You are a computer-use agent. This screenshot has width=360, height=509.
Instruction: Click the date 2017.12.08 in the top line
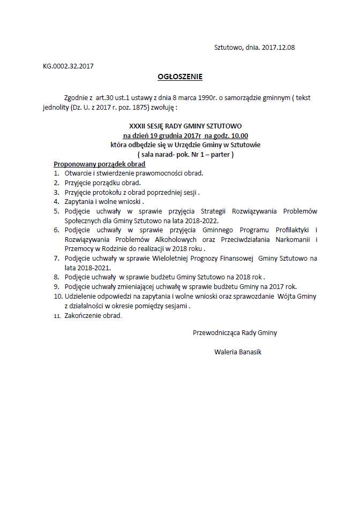point(279,47)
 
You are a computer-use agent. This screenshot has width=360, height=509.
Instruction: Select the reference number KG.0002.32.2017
point(69,66)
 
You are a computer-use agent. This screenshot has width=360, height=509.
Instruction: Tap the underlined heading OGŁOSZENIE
point(180,77)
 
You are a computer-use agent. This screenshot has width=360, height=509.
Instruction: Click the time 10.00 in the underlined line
point(239,136)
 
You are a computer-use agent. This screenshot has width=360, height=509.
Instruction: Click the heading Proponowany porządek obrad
point(100,164)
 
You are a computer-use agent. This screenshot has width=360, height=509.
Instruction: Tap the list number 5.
point(56,211)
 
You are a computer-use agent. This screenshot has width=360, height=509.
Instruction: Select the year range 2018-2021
point(92,268)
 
